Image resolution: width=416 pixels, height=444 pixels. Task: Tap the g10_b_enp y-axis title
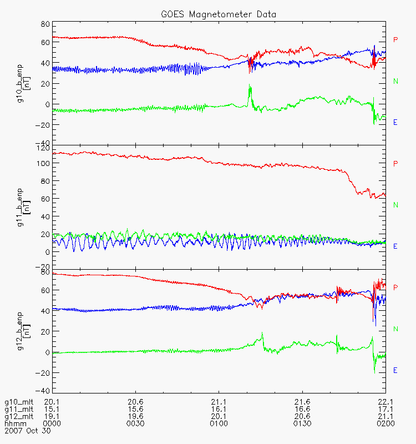(x=21, y=84)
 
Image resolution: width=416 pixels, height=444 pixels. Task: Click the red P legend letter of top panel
(x=395, y=40)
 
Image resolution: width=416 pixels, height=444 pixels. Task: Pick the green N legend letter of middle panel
(x=395, y=205)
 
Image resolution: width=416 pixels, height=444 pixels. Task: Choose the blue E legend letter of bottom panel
(x=395, y=370)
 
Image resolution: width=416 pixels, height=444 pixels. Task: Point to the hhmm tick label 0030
(x=136, y=423)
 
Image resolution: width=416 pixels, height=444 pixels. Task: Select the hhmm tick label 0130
(x=302, y=423)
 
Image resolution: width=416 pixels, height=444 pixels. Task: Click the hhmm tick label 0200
(x=385, y=423)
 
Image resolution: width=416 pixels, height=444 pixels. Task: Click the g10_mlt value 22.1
(x=385, y=402)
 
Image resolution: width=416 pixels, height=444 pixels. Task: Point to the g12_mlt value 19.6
(x=136, y=416)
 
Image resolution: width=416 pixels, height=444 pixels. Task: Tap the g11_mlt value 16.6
(x=302, y=409)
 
